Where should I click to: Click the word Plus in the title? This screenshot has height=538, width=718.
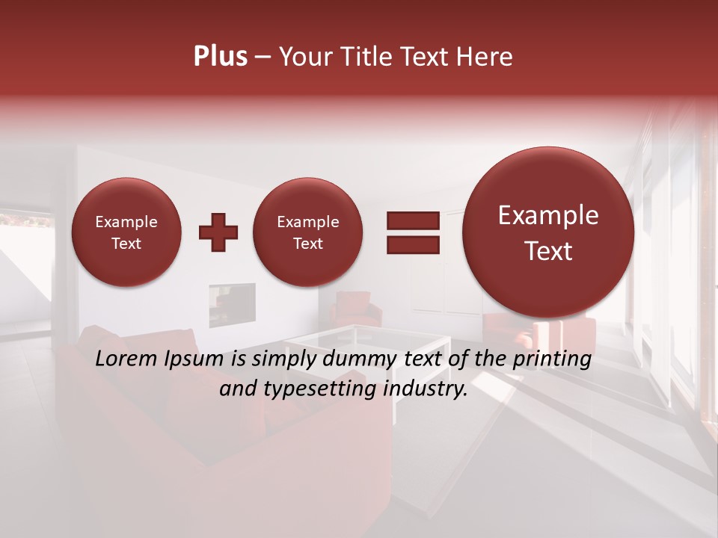click(220, 57)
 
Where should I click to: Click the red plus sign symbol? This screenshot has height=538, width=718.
click(218, 232)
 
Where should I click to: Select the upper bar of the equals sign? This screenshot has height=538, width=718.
click(413, 220)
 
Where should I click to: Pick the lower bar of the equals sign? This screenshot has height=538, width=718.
click(413, 244)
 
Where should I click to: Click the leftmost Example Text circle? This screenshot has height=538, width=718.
click(126, 232)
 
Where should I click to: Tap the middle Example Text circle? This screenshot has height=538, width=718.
click(308, 232)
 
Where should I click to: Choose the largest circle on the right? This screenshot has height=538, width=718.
click(548, 232)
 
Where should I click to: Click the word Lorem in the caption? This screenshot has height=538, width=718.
click(127, 359)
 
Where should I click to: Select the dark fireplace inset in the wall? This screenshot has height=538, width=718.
click(232, 305)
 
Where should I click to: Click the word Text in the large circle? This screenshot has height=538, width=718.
click(548, 251)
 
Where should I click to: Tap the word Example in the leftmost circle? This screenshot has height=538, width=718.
click(126, 222)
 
